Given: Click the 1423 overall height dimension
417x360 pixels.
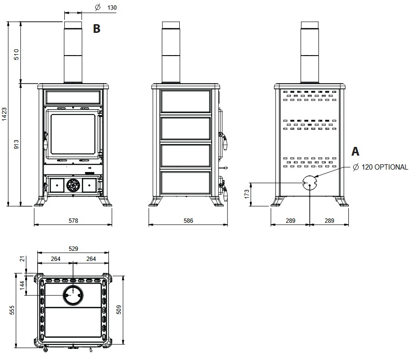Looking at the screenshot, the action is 4,115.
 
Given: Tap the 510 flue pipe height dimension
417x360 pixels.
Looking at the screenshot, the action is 16,54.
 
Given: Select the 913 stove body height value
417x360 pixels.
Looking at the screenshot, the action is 16,144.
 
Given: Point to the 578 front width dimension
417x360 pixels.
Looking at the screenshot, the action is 73,220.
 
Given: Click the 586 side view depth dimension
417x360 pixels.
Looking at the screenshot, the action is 188,220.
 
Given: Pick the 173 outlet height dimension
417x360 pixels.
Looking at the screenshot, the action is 247,194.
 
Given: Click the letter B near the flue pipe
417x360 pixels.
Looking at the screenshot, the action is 97,29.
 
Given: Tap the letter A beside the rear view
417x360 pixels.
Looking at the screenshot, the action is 355,151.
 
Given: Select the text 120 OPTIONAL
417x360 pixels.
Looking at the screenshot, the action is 385,167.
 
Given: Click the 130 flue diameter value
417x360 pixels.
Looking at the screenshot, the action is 112,8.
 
